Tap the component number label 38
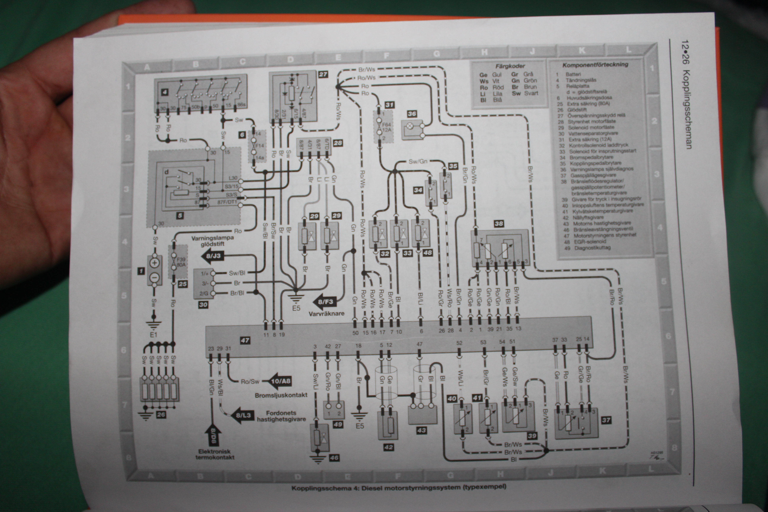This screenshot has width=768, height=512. click(x=499, y=224)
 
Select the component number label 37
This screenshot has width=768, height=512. click(x=606, y=420)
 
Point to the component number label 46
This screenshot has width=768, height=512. click(x=334, y=458)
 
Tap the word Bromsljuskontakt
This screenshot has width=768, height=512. click(x=281, y=395)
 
